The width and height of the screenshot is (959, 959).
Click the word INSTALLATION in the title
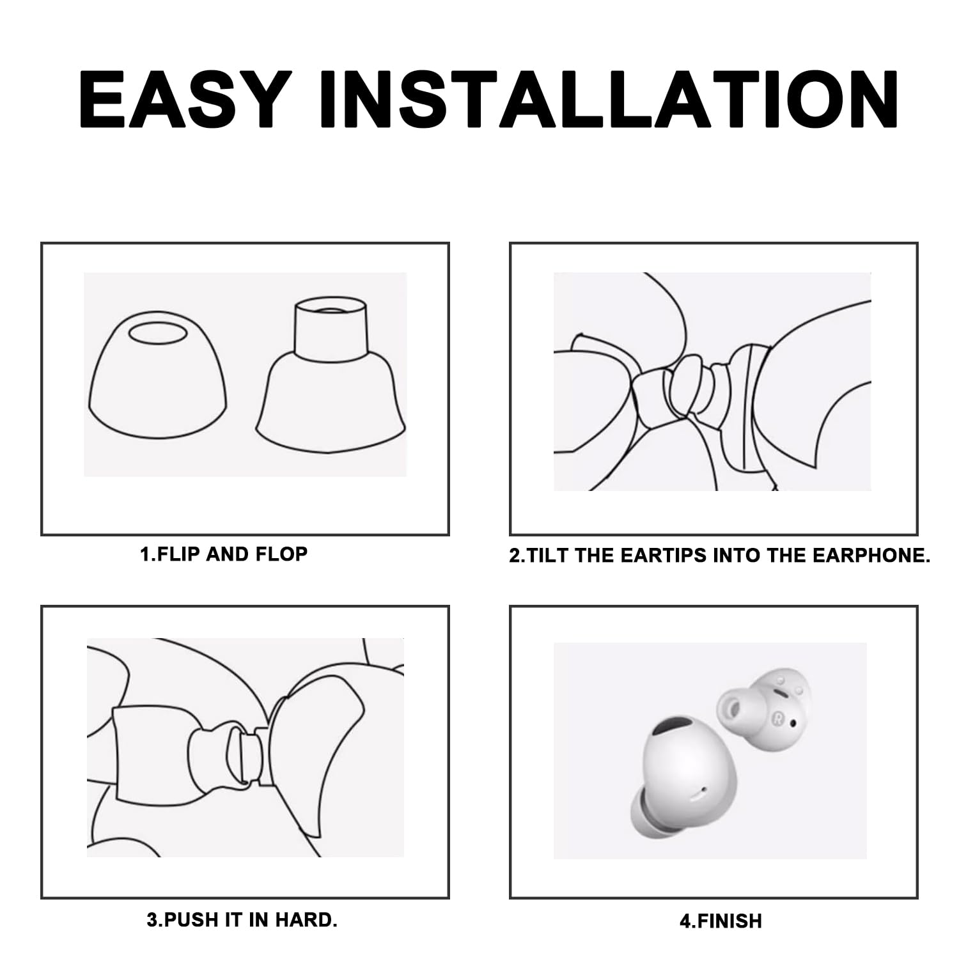[x=610, y=99]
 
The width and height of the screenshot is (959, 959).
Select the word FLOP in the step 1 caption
[x=281, y=554]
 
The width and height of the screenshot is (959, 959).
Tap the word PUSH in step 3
[x=184, y=920]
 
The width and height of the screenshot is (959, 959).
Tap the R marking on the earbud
[x=779, y=717]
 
